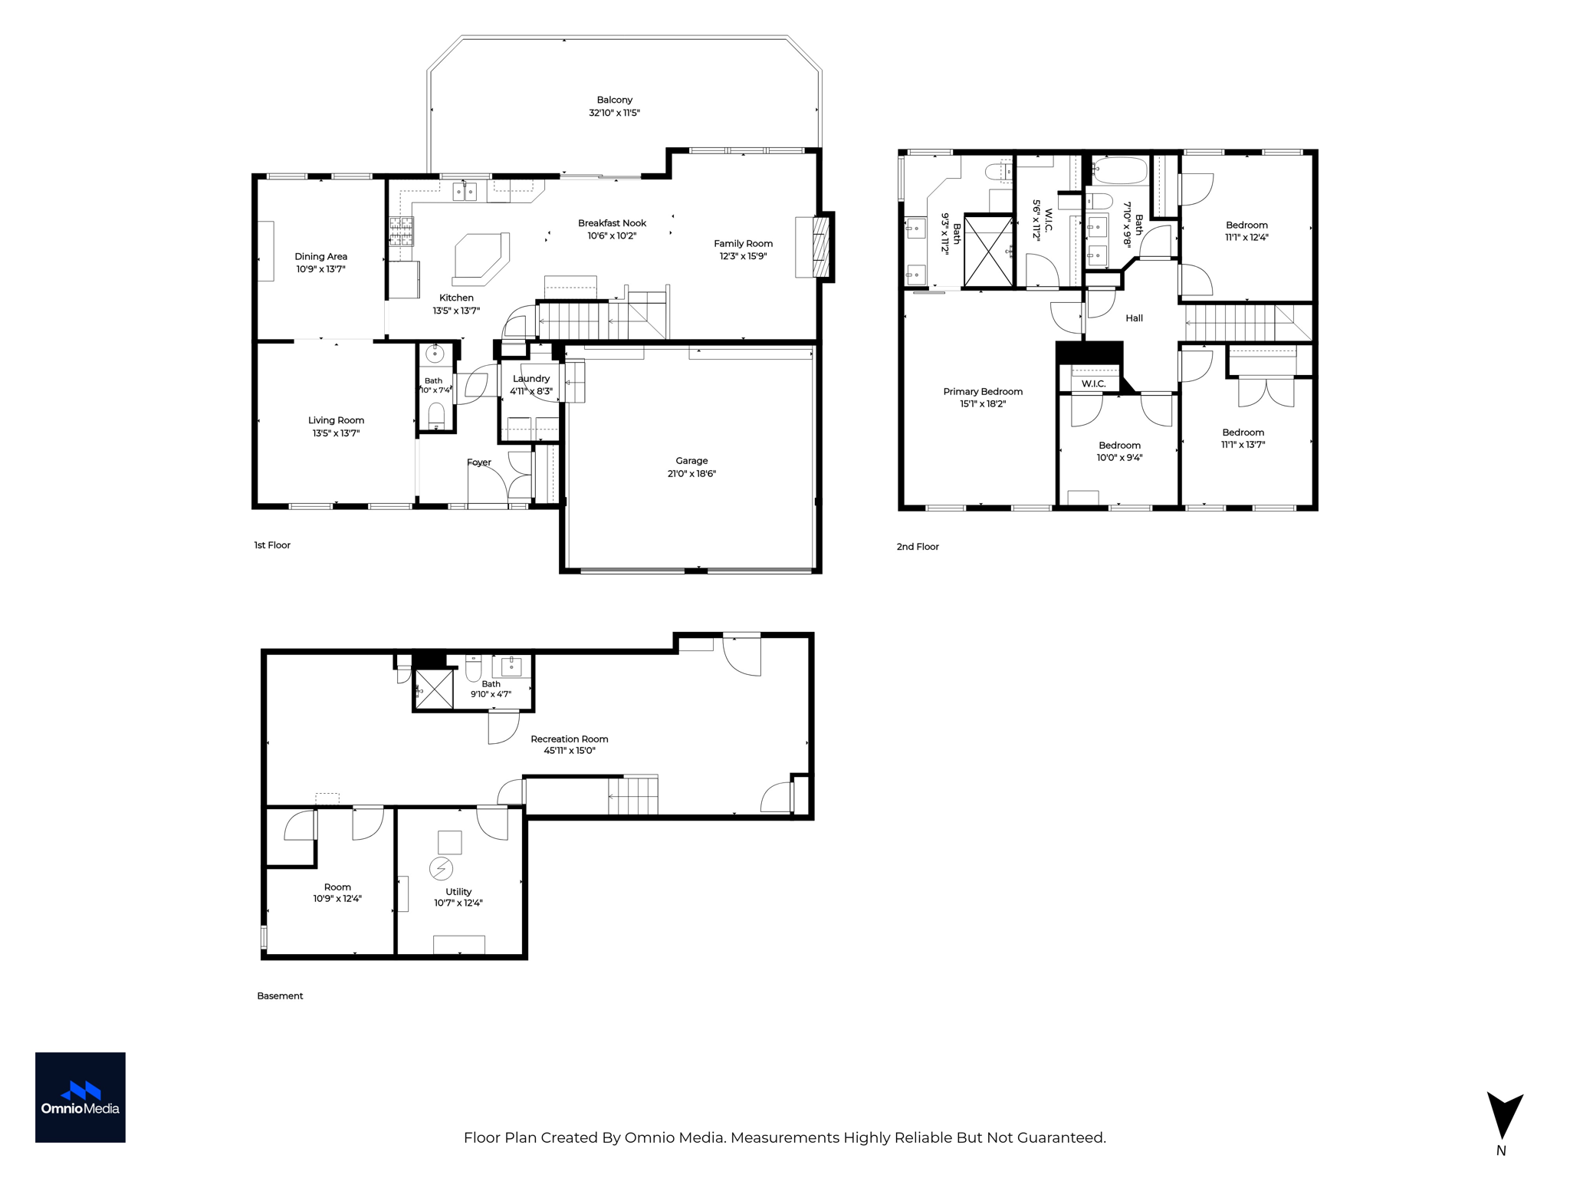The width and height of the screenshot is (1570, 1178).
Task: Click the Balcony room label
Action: pos(615,100)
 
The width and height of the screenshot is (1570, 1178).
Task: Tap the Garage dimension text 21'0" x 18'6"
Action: pos(691,474)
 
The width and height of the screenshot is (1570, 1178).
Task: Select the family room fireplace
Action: pos(821,247)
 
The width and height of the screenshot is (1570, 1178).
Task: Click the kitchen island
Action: pos(481,255)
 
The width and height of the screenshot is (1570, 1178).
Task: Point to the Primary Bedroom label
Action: pos(983,392)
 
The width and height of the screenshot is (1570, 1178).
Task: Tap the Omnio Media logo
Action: pos(80,1097)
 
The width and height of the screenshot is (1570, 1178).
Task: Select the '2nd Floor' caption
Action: pos(918,547)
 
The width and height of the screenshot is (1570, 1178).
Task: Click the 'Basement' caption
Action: pos(280,996)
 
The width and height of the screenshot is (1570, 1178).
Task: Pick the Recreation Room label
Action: pos(570,739)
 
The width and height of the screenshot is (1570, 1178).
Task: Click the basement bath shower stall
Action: pos(434,689)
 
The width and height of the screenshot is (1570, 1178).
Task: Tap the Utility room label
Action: pos(458,892)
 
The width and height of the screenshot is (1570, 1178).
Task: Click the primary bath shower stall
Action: pos(988,252)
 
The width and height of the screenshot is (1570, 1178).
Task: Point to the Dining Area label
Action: pos(321,257)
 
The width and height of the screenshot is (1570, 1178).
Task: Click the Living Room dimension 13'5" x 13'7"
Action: pos(336,433)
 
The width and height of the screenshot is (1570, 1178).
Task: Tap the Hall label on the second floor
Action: pos(1135,318)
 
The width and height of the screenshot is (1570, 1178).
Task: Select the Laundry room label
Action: pos(531,379)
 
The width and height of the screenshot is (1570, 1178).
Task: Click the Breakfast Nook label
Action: pos(613,223)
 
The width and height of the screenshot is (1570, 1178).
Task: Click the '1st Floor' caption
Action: pos(272,545)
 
